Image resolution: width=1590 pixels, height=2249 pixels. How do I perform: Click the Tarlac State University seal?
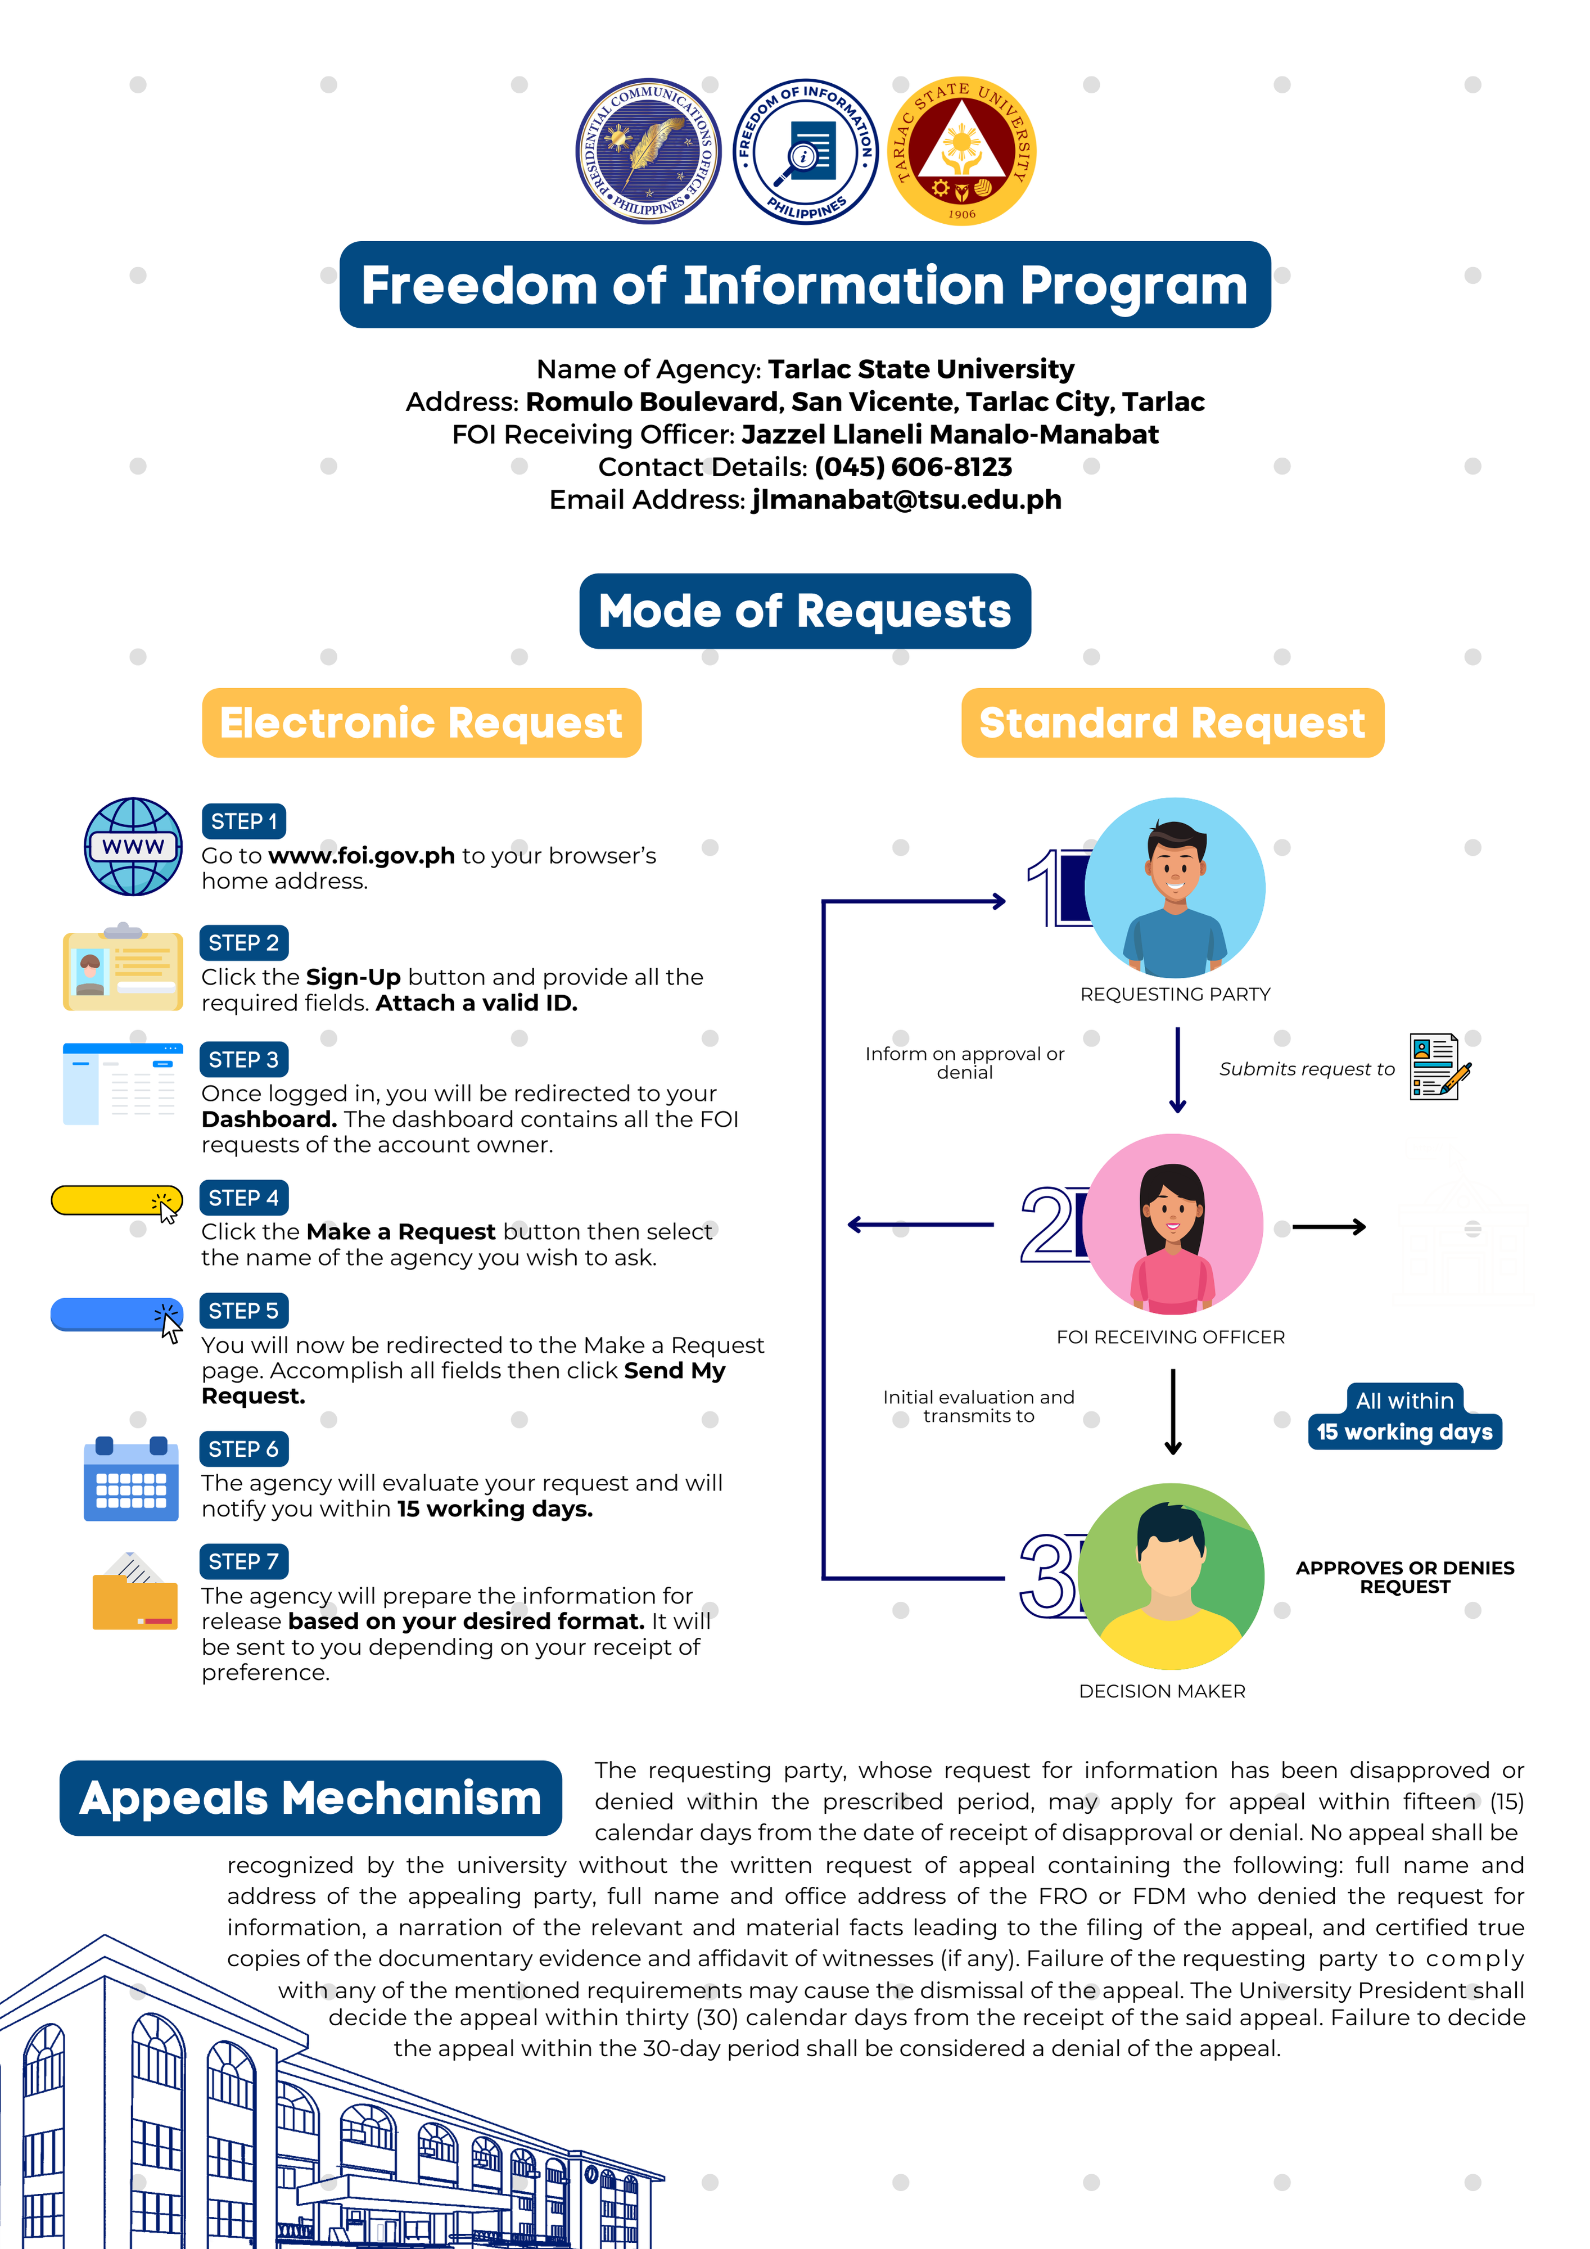(961, 151)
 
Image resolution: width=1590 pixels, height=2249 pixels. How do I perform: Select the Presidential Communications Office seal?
(649, 151)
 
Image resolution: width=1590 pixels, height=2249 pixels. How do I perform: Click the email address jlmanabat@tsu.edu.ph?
(906, 500)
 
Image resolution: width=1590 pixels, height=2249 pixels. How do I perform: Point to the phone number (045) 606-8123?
(913, 467)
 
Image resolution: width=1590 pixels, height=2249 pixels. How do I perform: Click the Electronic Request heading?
(421, 723)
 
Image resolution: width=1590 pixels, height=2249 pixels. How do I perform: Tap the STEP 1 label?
(243, 821)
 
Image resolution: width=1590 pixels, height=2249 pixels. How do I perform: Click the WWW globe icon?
(133, 846)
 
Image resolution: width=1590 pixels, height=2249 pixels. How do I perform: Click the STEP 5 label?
(243, 1311)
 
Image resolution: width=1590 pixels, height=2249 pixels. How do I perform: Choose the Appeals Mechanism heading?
(310, 1798)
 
